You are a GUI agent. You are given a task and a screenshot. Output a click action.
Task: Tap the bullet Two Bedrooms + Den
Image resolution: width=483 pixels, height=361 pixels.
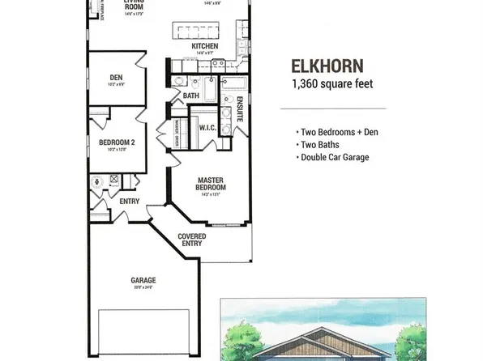tap(333, 131)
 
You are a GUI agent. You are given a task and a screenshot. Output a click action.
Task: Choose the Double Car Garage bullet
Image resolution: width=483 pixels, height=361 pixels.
tap(336, 157)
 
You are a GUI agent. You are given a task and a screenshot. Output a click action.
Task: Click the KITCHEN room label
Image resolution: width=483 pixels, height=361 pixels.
tap(204, 47)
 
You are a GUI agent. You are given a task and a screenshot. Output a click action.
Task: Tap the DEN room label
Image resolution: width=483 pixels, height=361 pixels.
tap(116, 79)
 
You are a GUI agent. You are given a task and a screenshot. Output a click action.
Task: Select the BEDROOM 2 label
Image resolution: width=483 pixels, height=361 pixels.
tap(116, 142)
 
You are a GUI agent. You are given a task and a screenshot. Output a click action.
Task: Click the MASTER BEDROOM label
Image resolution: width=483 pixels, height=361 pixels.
tap(210, 184)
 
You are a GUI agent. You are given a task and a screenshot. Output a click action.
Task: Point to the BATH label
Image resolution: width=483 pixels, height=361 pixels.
tap(191, 96)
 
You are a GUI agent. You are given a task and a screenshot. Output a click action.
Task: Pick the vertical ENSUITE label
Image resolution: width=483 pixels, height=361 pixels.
tap(240, 111)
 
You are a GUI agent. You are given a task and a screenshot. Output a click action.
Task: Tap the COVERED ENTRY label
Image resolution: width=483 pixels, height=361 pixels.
tap(193, 240)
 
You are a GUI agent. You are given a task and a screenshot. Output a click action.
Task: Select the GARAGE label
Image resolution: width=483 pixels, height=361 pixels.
tap(143, 280)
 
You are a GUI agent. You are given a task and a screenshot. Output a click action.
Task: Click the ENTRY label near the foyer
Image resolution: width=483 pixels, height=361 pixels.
tap(130, 202)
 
